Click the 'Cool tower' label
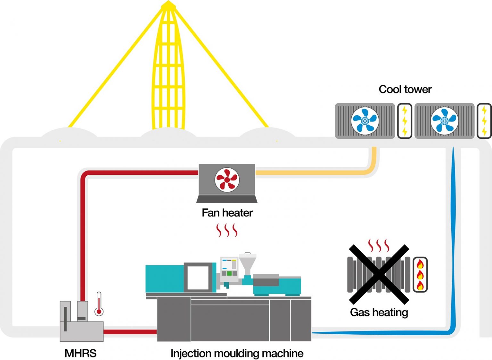[x=405, y=89]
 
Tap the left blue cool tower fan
[x=365, y=121]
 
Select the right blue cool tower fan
[x=444, y=121]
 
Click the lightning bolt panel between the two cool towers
[x=405, y=121]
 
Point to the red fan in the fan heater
[x=227, y=180]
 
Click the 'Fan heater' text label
[x=227, y=213]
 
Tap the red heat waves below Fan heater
[x=227, y=230]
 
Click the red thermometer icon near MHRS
[x=99, y=304]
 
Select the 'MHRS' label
[x=80, y=353]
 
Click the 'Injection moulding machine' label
[x=237, y=353]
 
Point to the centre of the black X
[x=379, y=274]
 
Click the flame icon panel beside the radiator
[x=420, y=274]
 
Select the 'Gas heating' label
[x=379, y=312]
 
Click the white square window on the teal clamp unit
[x=198, y=277]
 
